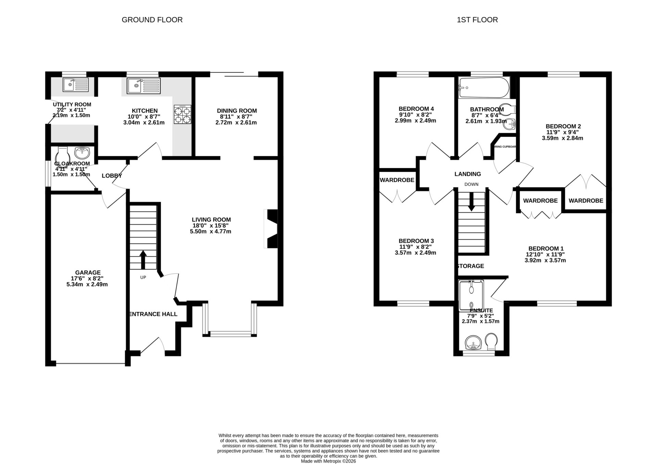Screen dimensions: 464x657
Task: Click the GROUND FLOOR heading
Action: pyautogui.click(x=152, y=20)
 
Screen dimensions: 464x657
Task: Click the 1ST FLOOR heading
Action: pyautogui.click(x=477, y=20)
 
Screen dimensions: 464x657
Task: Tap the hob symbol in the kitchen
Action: pyautogui.click(x=182, y=114)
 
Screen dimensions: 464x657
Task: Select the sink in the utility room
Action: pyautogui.click(x=76, y=85)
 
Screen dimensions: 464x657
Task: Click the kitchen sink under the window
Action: pyautogui.click(x=143, y=86)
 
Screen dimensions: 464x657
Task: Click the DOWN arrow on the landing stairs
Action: pyautogui.click(x=471, y=202)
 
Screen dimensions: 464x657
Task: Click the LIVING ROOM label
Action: pyautogui.click(x=211, y=220)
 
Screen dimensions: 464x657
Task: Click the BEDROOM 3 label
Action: pyautogui.click(x=416, y=241)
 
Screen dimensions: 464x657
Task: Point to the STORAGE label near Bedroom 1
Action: pyautogui.click(x=471, y=266)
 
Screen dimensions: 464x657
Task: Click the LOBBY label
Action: pyautogui.click(x=112, y=176)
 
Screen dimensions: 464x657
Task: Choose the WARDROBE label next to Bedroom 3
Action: pyautogui.click(x=397, y=180)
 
